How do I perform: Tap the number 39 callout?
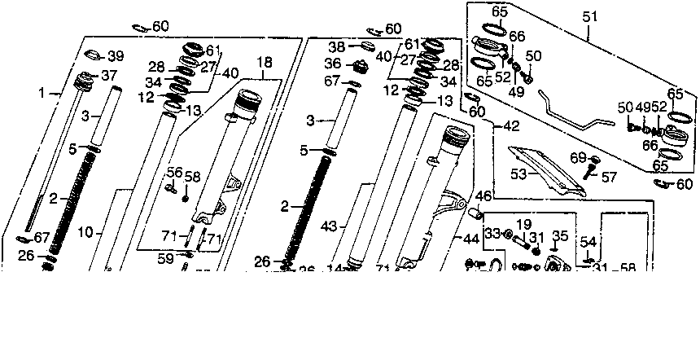coord(116,55)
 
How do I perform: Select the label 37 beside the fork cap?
coord(109,76)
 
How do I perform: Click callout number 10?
coord(85,233)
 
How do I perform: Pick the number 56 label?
coord(175,172)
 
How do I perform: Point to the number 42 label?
coord(510,126)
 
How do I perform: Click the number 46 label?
coord(483,196)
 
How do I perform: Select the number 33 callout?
coord(492,234)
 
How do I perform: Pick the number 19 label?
coord(524,222)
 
